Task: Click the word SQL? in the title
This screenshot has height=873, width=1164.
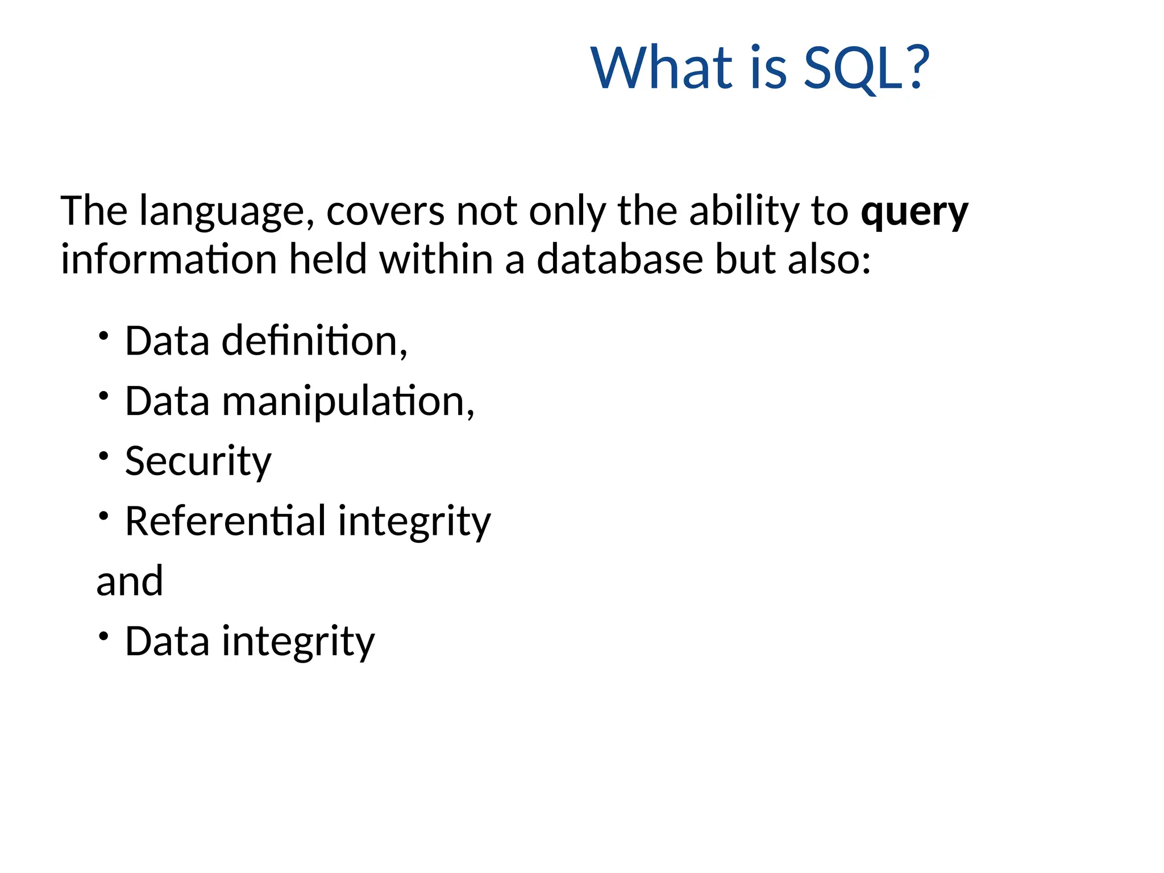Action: click(x=866, y=68)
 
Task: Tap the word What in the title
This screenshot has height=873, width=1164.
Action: click(x=663, y=68)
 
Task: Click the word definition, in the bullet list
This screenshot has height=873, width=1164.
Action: click(x=314, y=341)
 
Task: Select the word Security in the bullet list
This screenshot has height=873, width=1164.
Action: click(x=198, y=462)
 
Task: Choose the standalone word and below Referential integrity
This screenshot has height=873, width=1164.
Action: click(x=130, y=582)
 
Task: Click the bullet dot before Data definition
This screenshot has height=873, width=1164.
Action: click(x=103, y=335)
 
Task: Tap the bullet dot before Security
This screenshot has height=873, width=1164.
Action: click(x=103, y=456)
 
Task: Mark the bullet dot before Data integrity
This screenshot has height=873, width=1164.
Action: click(x=103, y=636)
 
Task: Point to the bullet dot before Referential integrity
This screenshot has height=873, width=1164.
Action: click(x=103, y=516)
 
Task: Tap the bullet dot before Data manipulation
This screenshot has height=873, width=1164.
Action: click(x=103, y=396)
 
